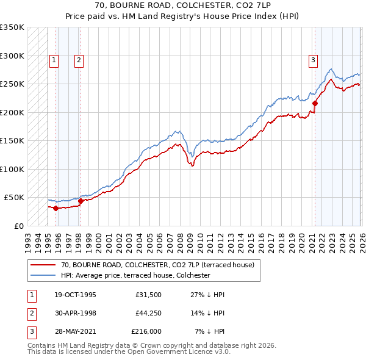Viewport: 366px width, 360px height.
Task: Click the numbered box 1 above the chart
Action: click(54, 60)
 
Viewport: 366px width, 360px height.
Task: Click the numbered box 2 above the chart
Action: click(79, 60)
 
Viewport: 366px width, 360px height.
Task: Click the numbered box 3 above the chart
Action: click(312, 60)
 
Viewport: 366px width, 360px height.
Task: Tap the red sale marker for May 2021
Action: click(315, 104)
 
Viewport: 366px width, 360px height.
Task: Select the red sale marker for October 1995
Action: click(56, 208)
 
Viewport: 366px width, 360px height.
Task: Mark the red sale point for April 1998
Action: click(81, 201)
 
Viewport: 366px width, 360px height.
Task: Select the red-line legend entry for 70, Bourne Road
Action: click(161, 265)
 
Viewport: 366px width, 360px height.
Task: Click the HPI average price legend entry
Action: click(135, 275)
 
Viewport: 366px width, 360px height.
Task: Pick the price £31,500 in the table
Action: click(148, 295)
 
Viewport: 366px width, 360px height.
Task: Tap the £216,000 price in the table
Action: click(146, 331)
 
